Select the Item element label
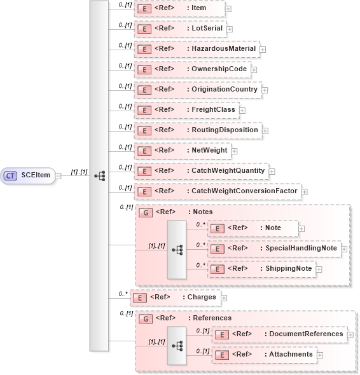coord(203,8)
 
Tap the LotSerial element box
coord(180,29)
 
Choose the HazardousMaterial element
coord(197,49)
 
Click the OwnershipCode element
coord(191,69)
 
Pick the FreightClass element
coord(186,110)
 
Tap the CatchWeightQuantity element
coord(200,171)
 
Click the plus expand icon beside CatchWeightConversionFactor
coord(304,191)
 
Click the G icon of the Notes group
coord(145,212)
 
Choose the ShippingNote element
coord(261,269)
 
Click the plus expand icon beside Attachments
coord(320,355)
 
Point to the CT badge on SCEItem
coord(11,175)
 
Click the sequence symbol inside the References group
coord(177,345)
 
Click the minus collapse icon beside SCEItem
coord(58,175)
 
